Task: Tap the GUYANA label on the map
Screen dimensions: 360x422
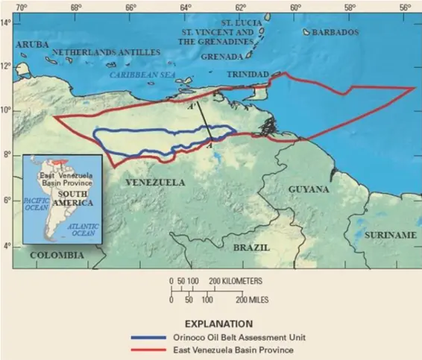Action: (x=309, y=189)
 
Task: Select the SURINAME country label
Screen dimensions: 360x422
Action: (x=390, y=235)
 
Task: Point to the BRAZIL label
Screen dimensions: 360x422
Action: (x=251, y=246)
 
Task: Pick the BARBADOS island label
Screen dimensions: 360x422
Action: (x=335, y=33)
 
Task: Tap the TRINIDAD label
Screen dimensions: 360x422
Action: (x=246, y=75)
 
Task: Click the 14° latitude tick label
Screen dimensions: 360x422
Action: (x=7, y=23)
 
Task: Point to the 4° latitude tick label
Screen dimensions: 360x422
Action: (x=7, y=246)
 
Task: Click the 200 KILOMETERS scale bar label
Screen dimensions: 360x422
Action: (x=236, y=281)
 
